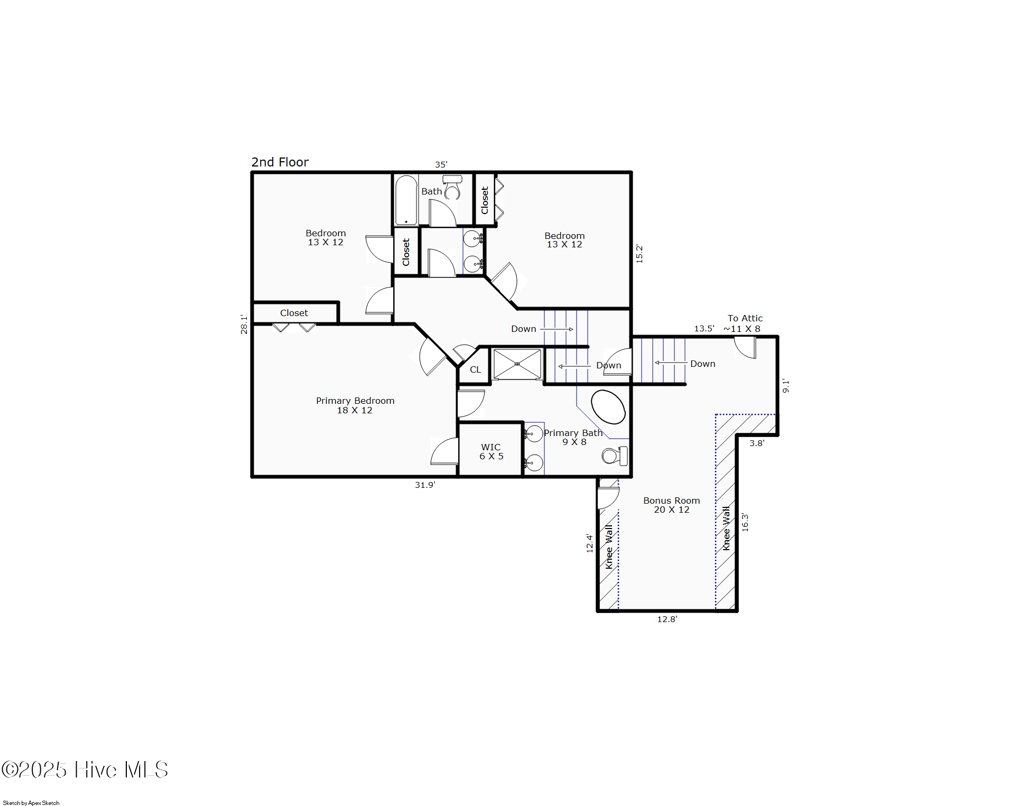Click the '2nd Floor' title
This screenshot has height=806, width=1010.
tap(280, 162)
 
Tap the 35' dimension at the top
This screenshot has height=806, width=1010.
tap(441, 164)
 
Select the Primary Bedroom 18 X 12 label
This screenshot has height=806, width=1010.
tap(355, 405)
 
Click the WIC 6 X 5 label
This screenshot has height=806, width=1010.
tap(491, 451)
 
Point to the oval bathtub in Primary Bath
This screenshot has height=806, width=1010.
tap(608, 407)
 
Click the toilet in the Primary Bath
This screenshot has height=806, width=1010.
tap(615, 456)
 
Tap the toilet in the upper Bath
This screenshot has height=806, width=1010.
tap(452, 188)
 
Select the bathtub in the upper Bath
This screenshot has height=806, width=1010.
tap(406, 200)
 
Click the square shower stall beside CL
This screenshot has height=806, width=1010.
tap(517, 364)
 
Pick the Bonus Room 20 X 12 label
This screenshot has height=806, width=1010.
tap(671, 505)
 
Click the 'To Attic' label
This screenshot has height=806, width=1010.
tap(745, 318)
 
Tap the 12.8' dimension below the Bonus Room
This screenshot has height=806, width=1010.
tap(667, 619)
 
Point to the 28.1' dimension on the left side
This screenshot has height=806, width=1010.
tap(244, 325)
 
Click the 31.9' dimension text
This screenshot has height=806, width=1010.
tap(425, 485)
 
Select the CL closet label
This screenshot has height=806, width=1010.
tap(475, 369)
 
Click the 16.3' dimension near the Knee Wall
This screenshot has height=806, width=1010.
tap(745, 522)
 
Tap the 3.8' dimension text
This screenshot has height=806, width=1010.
tap(756, 443)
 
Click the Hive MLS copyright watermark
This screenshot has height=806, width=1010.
tap(85, 770)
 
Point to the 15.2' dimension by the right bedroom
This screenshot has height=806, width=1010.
tap(639, 254)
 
